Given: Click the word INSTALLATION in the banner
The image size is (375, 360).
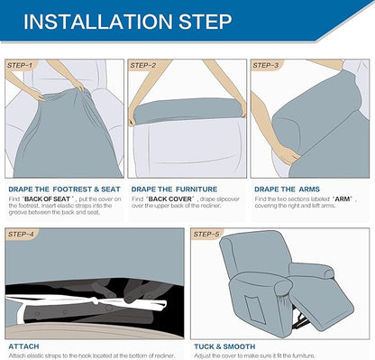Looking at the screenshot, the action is [x=98, y=22].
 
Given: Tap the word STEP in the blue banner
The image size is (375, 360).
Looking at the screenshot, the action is [x=206, y=22].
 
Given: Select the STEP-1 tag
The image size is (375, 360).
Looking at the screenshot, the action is [x=20, y=65].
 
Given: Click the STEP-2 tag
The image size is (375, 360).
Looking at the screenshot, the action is [x=143, y=65].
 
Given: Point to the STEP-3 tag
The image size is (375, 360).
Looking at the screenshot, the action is [x=266, y=65].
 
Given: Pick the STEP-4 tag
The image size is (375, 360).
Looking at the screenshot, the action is [x=21, y=234].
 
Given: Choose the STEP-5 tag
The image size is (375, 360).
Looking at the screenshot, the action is [x=206, y=234].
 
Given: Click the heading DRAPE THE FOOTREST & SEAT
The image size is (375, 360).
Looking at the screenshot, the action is [x=64, y=189].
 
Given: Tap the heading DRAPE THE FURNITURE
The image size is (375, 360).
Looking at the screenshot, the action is [x=174, y=189].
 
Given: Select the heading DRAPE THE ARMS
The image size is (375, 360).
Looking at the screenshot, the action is [x=287, y=189].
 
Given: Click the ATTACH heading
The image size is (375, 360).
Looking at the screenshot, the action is [x=23, y=346].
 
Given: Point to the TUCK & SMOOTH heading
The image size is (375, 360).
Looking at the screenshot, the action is [x=224, y=346].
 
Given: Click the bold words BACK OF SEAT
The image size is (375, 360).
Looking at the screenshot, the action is [x=47, y=199].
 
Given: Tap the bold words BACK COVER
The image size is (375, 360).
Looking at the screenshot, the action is [x=169, y=199].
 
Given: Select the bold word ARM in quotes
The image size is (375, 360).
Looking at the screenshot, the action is [x=342, y=199].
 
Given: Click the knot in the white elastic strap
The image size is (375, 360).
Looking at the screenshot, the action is [x=95, y=300].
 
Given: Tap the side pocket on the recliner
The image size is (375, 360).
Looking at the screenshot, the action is [x=254, y=309].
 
